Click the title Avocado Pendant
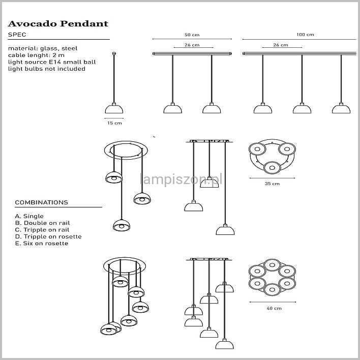[x=58, y=24]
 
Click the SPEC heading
[x=17, y=35]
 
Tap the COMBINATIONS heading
[x=42, y=202]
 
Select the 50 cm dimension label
[x=192, y=35]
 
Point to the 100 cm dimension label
[x=305, y=35]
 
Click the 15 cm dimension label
[x=114, y=123]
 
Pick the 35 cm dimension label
[x=272, y=184]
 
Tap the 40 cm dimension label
[x=274, y=308]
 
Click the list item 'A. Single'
[x=29, y=216]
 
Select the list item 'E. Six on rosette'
[x=42, y=244]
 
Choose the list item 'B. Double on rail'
[x=43, y=223]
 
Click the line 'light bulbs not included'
[x=47, y=69]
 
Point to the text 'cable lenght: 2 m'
[x=36, y=55]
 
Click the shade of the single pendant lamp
[x=114, y=109]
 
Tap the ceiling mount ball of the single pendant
[x=114, y=53]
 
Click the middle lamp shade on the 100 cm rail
[x=302, y=109]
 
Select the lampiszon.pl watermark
[x=181, y=179]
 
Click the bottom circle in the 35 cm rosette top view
[x=272, y=168]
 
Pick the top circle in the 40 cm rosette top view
[x=272, y=265]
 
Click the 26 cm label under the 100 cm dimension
[x=281, y=45]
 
